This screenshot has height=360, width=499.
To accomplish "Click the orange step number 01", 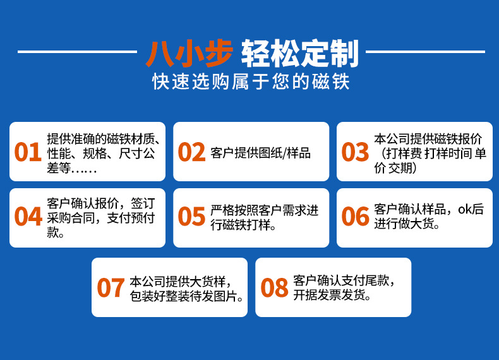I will click(28, 152).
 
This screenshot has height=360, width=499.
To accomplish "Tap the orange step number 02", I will click(191, 152).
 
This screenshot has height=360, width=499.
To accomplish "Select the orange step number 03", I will click(355, 152).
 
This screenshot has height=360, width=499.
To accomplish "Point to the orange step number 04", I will click(28, 217).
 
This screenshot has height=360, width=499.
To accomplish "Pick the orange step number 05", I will click(191, 217).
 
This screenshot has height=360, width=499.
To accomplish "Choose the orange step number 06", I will click(355, 217).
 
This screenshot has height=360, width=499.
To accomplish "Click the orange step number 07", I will click(111, 288).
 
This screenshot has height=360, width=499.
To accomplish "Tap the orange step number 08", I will click(274, 288).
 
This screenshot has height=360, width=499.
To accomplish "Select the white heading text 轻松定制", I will click(300, 54).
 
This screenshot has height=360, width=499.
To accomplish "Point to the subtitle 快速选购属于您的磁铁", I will click(250, 82).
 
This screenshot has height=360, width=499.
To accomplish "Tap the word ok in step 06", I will click(466, 210).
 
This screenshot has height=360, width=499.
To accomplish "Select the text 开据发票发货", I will click(332, 296).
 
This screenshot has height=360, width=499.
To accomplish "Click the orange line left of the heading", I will click(76, 52).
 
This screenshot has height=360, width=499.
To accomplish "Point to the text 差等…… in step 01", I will click(73, 168).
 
